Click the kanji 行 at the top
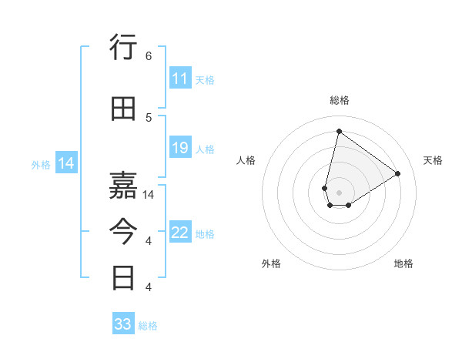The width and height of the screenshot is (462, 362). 124,48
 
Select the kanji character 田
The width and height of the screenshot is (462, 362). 124,109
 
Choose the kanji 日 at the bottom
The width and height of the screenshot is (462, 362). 124,277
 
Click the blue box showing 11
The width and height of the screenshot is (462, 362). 180,79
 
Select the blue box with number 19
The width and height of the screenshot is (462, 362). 180,148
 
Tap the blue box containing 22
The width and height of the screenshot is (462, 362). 180,233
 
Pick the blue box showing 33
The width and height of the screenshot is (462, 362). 123,324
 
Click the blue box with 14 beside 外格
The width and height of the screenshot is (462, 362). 66,163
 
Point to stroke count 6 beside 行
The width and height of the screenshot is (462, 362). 149,56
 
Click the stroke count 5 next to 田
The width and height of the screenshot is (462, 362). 149,118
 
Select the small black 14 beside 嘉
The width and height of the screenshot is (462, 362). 150,195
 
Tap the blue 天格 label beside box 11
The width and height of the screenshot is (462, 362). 205,79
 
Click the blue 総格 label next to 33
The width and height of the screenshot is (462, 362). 148,325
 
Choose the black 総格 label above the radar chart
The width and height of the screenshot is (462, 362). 339,100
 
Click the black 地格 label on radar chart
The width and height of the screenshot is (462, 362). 403,263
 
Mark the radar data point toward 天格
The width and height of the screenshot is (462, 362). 398,174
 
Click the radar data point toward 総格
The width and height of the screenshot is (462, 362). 339,131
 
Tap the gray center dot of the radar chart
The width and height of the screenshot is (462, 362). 339,191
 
